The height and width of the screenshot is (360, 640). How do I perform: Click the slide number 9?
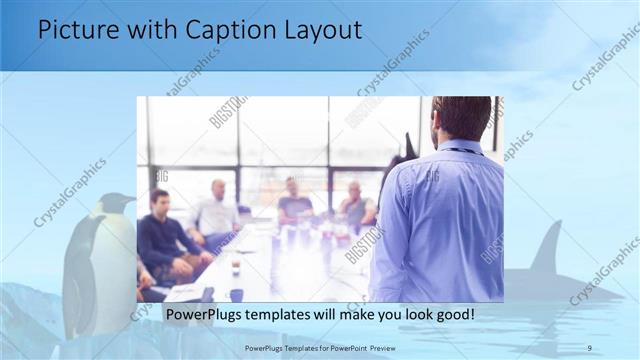pyautogui.click(x=590, y=346)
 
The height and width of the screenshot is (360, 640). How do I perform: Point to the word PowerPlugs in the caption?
pyautogui.click(x=201, y=315)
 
